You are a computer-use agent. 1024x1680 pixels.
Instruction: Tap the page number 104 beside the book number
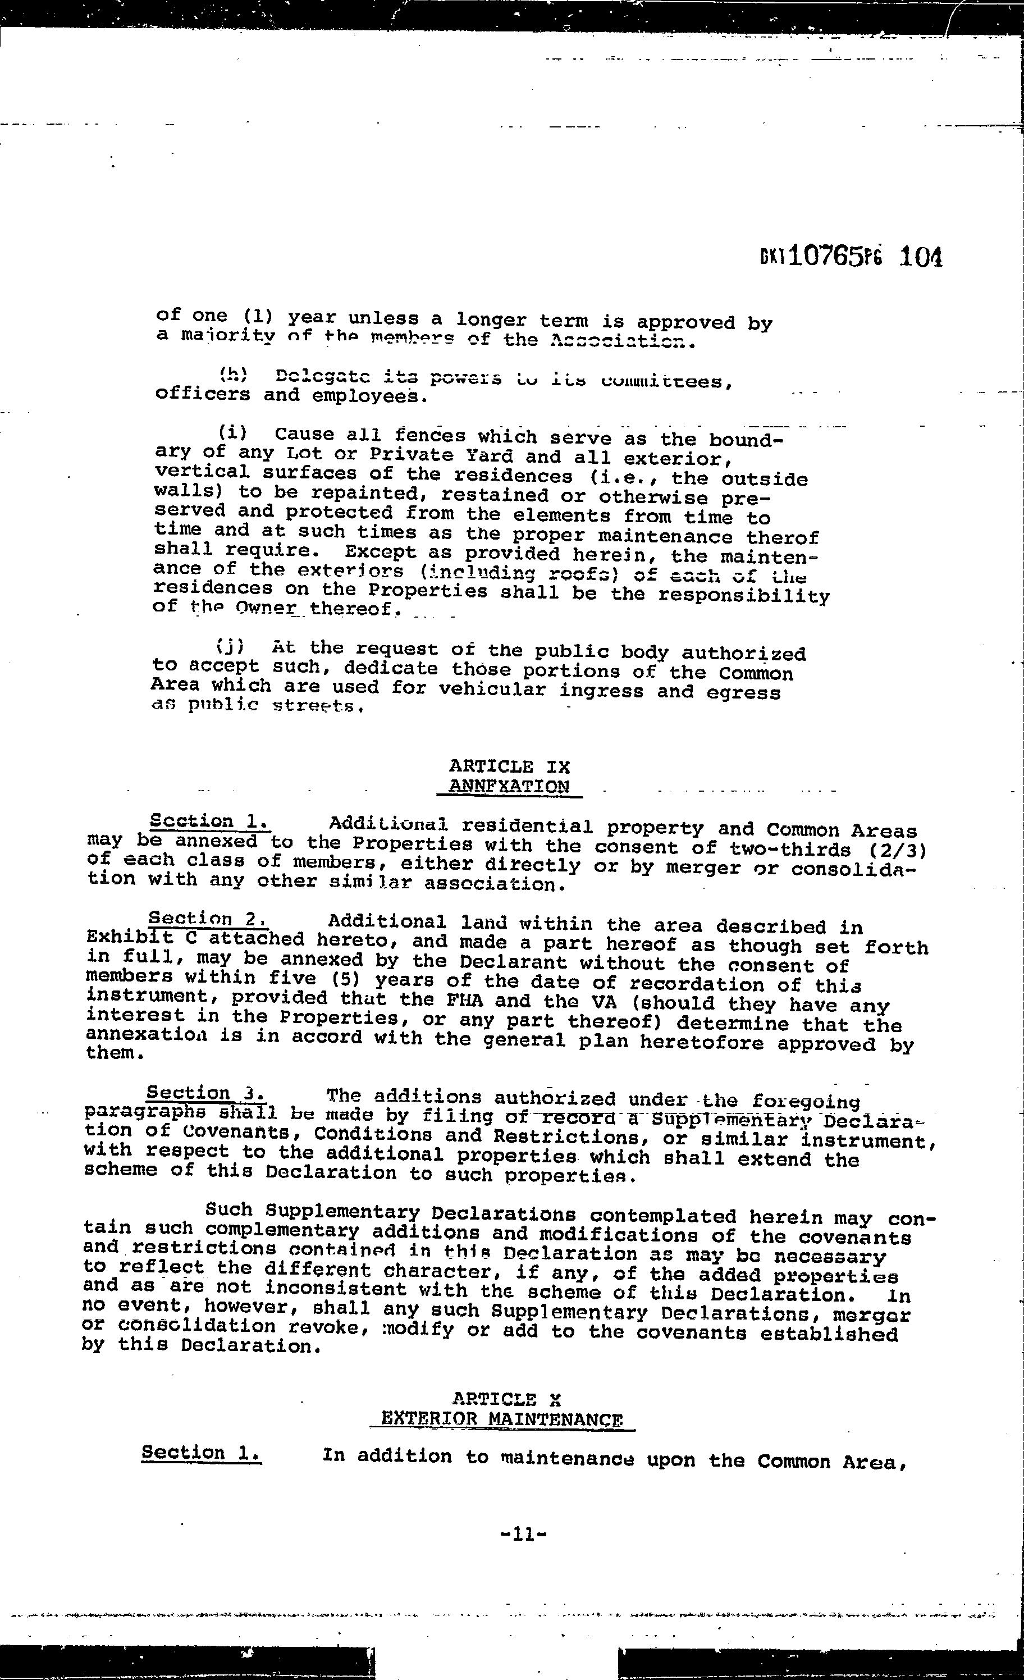(x=920, y=258)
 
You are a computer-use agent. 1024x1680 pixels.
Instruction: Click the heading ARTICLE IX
(x=509, y=766)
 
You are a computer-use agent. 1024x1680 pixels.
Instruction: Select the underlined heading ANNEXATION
(x=509, y=786)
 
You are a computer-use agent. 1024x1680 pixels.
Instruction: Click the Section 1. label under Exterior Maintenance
(x=201, y=1452)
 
